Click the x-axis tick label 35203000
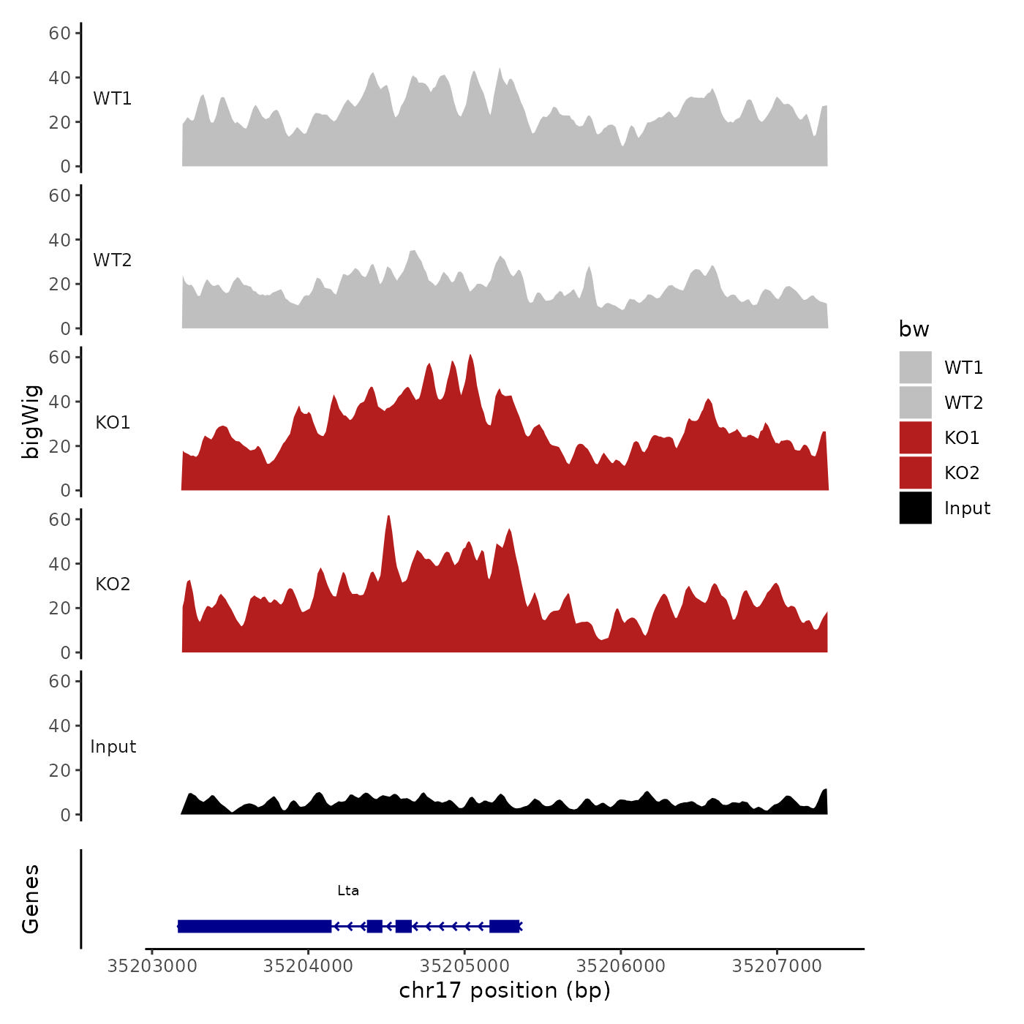(x=152, y=966)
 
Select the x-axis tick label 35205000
(x=464, y=966)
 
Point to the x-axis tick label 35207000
(x=777, y=966)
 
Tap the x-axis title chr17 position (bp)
(x=505, y=991)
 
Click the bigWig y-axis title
(x=31, y=422)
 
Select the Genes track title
(x=31, y=899)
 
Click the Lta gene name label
(x=348, y=891)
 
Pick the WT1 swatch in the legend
(x=915, y=367)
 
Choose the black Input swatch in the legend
(x=915, y=508)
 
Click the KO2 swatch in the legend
(x=915, y=473)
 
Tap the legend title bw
(x=914, y=330)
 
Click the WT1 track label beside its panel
(x=113, y=99)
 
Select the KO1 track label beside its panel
(x=113, y=423)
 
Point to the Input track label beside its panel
(x=113, y=747)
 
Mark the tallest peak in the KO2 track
(x=388, y=517)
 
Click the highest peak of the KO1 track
(x=470, y=356)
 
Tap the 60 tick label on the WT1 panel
(x=60, y=33)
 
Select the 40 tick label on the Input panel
(x=60, y=726)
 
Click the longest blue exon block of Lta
(x=255, y=926)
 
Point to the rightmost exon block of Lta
(x=504, y=926)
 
